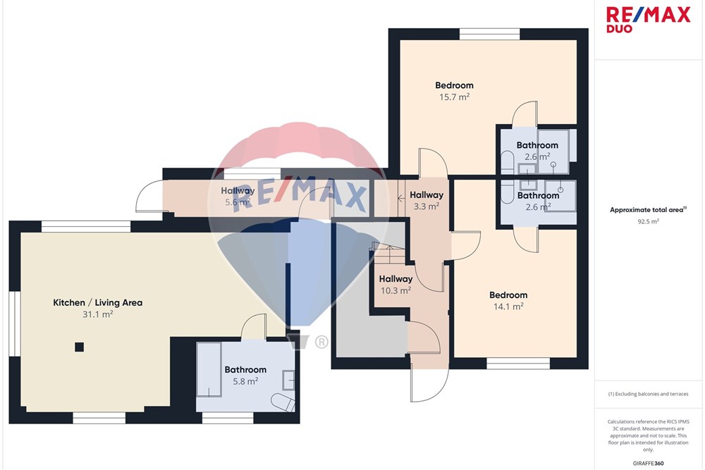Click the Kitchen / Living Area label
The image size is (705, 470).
pyautogui.click(x=97, y=302)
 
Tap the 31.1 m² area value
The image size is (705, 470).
pyautogui.click(x=97, y=314)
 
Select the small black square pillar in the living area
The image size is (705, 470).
pyautogui.click(x=79, y=347)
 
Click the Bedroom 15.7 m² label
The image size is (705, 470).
pyautogui.click(x=454, y=91)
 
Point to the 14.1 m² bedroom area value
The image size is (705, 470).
pyautogui.click(x=508, y=307)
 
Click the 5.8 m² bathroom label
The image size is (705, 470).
pyautogui.click(x=245, y=375)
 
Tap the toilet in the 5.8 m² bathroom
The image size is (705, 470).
pyautogui.click(x=283, y=402)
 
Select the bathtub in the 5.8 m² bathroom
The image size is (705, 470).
pyautogui.click(x=209, y=370)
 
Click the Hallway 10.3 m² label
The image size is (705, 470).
pyautogui.click(x=396, y=285)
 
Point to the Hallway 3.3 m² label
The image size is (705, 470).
pyautogui.click(x=427, y=200)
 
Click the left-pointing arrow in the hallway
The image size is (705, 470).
pyautogui.click(x=402, y=197)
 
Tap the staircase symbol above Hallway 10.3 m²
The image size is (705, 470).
pyautogui.click(x=389, y=254)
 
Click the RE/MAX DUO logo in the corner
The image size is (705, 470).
pyautogui.click(x=648, y=20)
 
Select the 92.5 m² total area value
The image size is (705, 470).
pyautogui.click(x=648, y=221)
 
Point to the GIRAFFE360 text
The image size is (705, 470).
pyautogui.click(x=648, y=463)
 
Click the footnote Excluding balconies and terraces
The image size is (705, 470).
pyautogui.click(x=648, y=394)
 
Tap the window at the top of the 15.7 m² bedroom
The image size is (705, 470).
pyautogui.click(x=490, y=34)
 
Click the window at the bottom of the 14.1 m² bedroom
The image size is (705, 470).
pyautogui.click(x=518, y=364)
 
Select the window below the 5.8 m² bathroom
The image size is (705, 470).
pyautogui.click(x=228, y=418)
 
